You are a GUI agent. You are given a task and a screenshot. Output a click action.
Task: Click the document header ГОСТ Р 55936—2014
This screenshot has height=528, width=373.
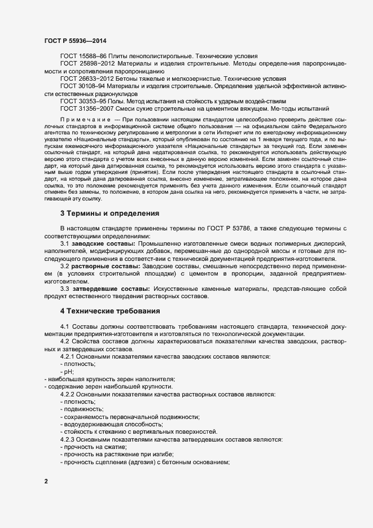point(74,41)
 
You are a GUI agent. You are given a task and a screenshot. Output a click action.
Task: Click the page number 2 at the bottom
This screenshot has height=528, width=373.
point(46,482)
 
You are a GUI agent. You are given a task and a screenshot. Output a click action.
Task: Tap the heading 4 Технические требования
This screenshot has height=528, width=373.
point(110,311)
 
